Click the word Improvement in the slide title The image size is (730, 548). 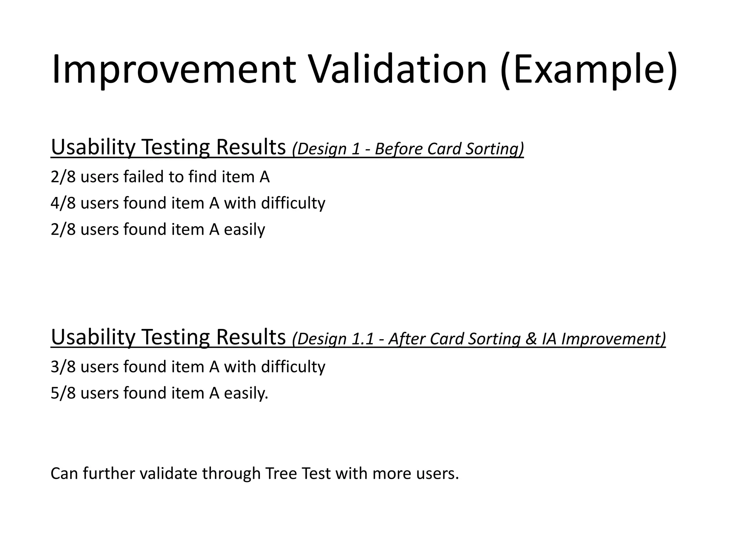pos(174,70)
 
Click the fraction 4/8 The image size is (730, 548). pos(63,203)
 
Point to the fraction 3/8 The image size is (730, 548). pos(63,367)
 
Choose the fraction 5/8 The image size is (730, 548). pos(63,393)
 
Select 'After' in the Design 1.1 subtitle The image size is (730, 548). pos(406,339)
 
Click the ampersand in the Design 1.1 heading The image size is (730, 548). pos(531,339)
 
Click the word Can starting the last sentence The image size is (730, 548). pos(64,474)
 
